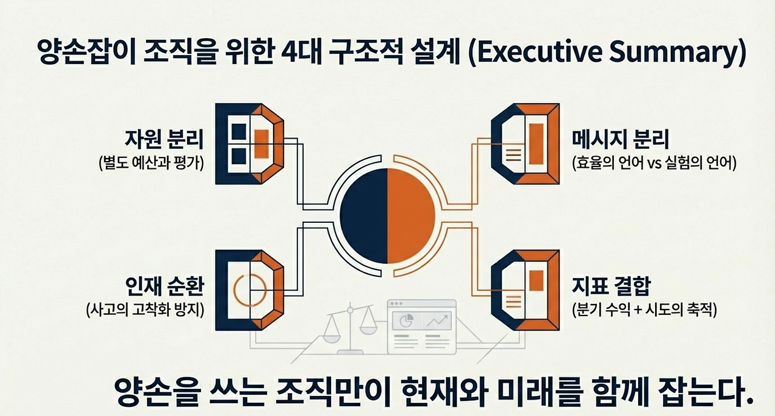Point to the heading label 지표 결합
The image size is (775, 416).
tap(610, 286)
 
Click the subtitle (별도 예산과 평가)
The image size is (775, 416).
tap(151, 163)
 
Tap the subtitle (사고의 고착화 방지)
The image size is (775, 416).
tap(145, 309)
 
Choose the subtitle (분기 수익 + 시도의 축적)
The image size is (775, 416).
tap(644, 309)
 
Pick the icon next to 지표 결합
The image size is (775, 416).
tap(524, 289)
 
